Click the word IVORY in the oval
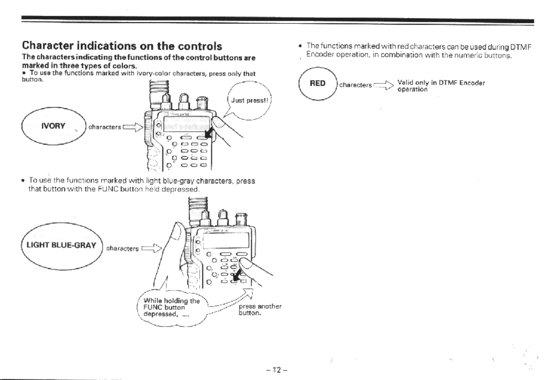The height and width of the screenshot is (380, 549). click(53, 126)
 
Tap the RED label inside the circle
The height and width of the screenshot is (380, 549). click(317, 83)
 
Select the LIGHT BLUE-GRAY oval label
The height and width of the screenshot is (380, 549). click(61, 245)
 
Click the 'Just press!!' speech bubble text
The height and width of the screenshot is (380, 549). click(250, 100)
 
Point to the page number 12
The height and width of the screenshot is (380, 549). click(276, 370)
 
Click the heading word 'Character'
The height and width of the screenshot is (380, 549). click(48, 45)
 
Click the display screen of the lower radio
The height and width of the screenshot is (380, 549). click(226, 240)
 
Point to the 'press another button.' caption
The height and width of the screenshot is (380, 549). click(260, 310)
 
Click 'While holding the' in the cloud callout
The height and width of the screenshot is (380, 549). click(171, 301)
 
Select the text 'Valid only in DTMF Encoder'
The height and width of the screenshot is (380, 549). click(441, 83)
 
